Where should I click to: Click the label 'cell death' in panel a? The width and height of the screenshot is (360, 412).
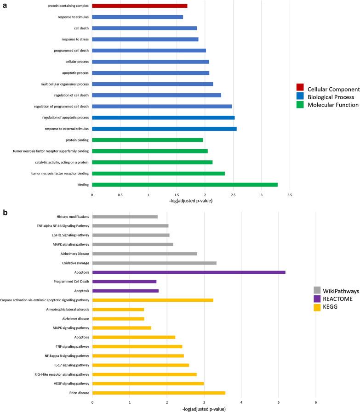78,28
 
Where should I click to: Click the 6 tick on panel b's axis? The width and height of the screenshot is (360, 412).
315,403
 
